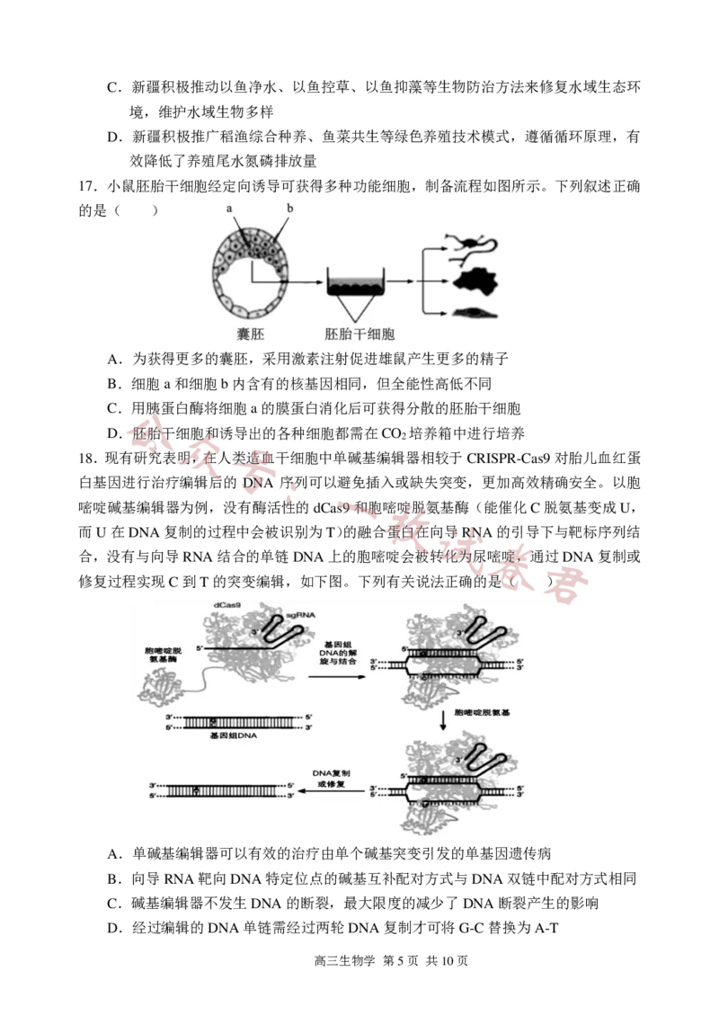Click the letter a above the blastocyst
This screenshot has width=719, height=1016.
coord(229,209)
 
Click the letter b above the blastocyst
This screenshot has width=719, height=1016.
coord(289,209)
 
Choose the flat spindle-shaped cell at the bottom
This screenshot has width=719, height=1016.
coord(474,313)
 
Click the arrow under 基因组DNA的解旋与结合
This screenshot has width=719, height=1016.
coord(341,676)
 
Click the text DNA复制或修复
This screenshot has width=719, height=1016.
coord(333,779)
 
